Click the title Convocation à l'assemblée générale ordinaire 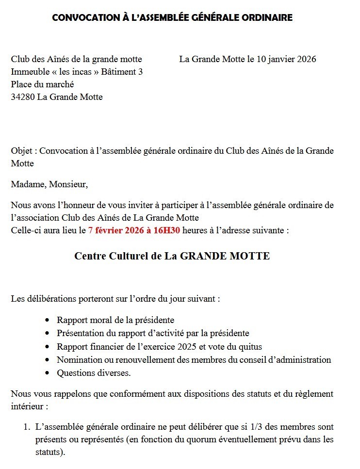[172, 18]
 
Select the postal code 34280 [23, 97]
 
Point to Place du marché [43, 84]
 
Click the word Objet [22, 151]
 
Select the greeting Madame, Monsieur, [49, 184]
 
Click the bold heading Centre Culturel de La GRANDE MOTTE [172, 256]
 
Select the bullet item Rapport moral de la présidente [115, 320]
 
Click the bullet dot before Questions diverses [47, 373]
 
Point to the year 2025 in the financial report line [188, 347]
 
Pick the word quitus [249, 347]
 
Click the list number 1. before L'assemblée [28, 427]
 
